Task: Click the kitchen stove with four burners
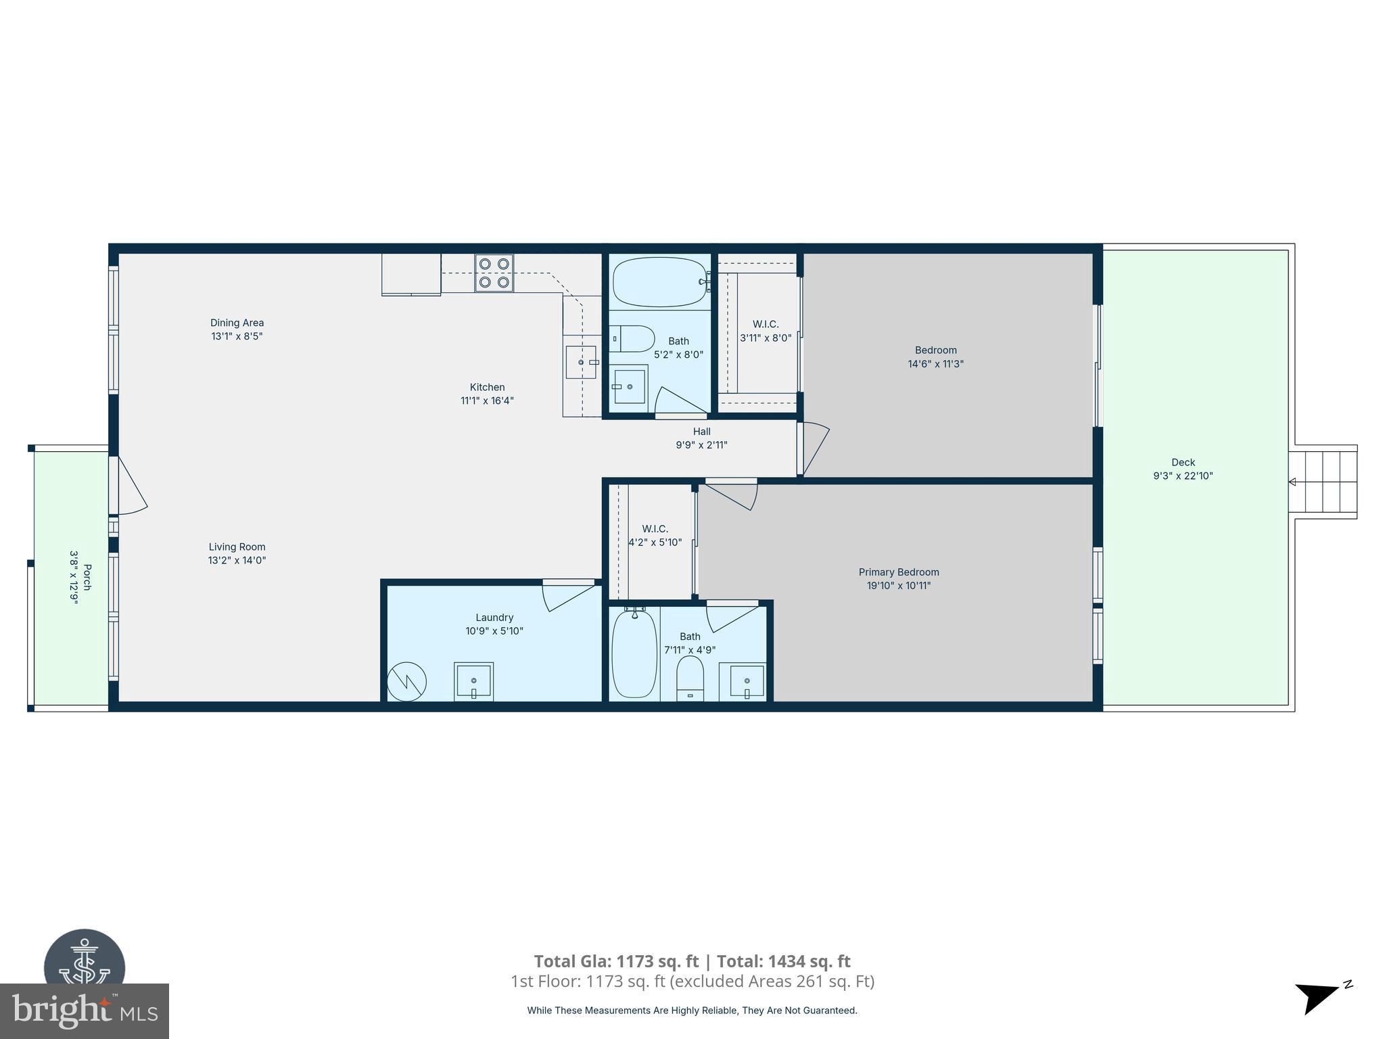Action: [x=494, y=273]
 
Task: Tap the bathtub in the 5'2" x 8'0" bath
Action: [x=660, y=281]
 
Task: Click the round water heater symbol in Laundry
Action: [x=406, y=681]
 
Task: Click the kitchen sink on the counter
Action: [x=581, y=363]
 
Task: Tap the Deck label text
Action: [x=1183, y=463]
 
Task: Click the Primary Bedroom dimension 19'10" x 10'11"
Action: [x=899, y=586]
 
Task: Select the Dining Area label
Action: [x=237, y=323]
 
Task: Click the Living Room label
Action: [x=237, y=547]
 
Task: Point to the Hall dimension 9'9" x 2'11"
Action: [x=701, y=445]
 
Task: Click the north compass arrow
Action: [x=1316, y=997]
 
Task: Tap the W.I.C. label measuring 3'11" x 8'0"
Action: [x=766, y=325]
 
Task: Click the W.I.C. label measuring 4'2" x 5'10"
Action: [x=655, y=529]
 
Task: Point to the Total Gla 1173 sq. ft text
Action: [x=616, y=961]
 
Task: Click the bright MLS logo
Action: [x=84, y=1011]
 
